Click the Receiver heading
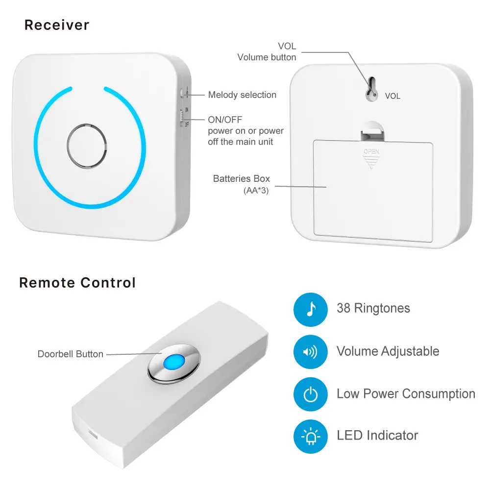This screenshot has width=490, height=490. pyautogui.click(x=57, y=25)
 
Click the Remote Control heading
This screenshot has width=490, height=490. pyautogui.click(x=77, y=283)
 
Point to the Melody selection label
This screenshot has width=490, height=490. pyautogui.click(x=242, y=95)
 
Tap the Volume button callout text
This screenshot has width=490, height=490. pyautogui.click(x=267, y=57)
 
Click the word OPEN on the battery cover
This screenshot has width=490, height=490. pyautogui.click(x=371, y=151)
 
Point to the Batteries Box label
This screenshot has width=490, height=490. pyautogui.click(x=241, y=179)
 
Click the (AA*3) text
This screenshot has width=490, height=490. pyautogui.click(x=256, y=190)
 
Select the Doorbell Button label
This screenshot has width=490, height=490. pyautogui.click(x=71, y=354)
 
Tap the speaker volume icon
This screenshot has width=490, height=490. pyautogui.click(x=310, y=352)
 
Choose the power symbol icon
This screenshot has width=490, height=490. pyautogui.click(x=310, y=394)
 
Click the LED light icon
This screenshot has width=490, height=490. pyautogui.click(x=310, y=436)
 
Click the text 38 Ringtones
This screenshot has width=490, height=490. pyautogui.click(x=373, y=309)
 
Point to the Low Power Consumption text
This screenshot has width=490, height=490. pyautogui.click(x=406, y=394)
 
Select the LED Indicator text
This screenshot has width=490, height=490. pyautogui.click(x=377, y=435)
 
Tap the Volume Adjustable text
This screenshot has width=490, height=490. pyautogui.click(x=388, y=351)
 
